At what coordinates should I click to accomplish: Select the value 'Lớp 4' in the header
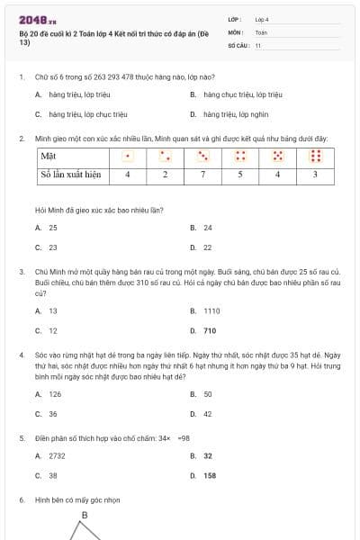(262, 18)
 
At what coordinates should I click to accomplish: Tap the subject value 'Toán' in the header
(261, 31)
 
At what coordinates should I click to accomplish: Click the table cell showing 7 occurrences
(203, 175)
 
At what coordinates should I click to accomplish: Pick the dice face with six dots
(315, 156)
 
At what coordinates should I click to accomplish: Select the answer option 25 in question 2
(53, 228)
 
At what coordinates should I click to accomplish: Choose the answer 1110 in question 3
(211, 310)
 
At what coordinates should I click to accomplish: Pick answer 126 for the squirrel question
(55, 394)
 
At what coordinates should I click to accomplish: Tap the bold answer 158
(210, 475)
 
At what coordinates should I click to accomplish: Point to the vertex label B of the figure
(85, 516)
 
